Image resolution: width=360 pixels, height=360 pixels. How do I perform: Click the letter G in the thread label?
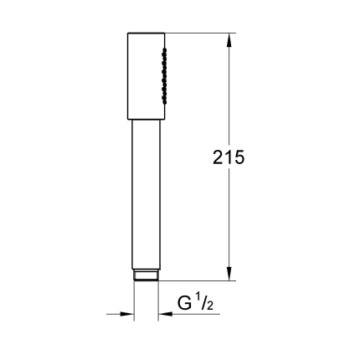coord(184,304)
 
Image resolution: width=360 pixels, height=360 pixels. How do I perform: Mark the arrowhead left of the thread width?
coord(127,316)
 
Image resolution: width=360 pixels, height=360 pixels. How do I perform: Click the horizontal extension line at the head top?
coord(201,33)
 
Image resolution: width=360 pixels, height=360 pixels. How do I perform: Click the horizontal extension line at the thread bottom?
coord(201,280)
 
